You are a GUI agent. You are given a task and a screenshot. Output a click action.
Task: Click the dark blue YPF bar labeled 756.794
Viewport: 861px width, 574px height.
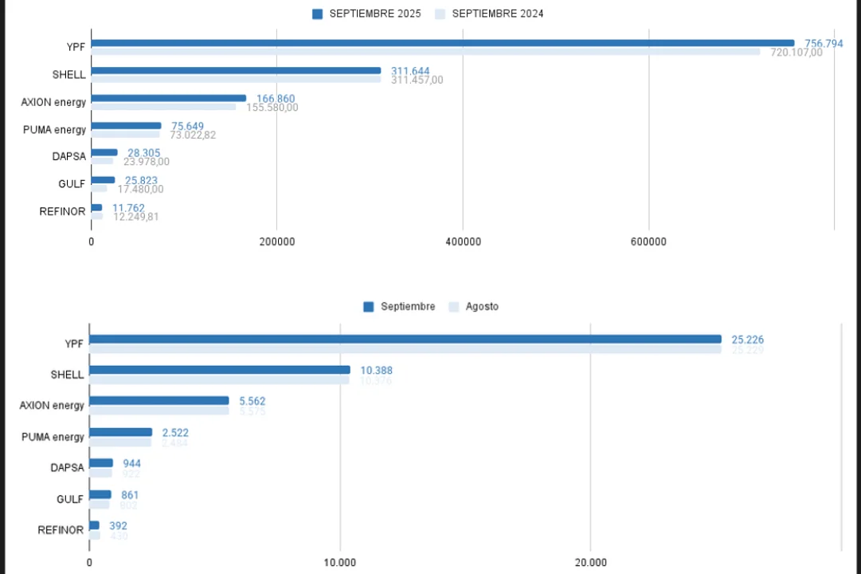(442, 43)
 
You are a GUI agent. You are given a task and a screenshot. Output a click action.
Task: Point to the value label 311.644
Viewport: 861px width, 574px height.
(410, 71)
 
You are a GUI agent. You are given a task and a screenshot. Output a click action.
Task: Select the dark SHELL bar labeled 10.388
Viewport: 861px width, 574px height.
(219, 370)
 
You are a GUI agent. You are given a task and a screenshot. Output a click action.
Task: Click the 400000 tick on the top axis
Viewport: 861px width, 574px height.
(463, 242)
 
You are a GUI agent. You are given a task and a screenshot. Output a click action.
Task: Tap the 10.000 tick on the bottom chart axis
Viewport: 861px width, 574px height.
(340, 562)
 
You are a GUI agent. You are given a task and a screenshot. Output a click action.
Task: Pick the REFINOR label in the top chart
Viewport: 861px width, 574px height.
(62, 211)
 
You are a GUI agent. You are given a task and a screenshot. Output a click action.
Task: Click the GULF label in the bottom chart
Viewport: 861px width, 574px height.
(70, 499)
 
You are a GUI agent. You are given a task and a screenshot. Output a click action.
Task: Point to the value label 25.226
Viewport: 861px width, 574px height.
(747, 340)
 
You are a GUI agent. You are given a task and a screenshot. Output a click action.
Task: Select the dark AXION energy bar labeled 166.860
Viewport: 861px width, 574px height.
(169, 98)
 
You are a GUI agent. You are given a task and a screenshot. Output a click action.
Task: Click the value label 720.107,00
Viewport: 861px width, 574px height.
(796, 53)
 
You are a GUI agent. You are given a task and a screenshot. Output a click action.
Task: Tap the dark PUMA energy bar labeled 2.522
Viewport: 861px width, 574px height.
(120, 432)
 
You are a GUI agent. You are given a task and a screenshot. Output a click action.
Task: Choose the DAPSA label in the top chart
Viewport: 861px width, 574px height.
(69, 156)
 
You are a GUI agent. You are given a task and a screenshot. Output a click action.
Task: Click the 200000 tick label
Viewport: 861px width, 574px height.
(277, 242)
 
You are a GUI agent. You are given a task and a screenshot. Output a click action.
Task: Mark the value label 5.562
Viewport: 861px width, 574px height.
(252, 401)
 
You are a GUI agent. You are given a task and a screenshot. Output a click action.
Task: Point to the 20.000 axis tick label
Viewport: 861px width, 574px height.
(590, 562)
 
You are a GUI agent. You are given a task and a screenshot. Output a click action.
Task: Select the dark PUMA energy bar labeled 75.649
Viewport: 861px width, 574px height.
(126, 125)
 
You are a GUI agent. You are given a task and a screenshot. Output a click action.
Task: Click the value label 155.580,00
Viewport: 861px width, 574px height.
(272, 108)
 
